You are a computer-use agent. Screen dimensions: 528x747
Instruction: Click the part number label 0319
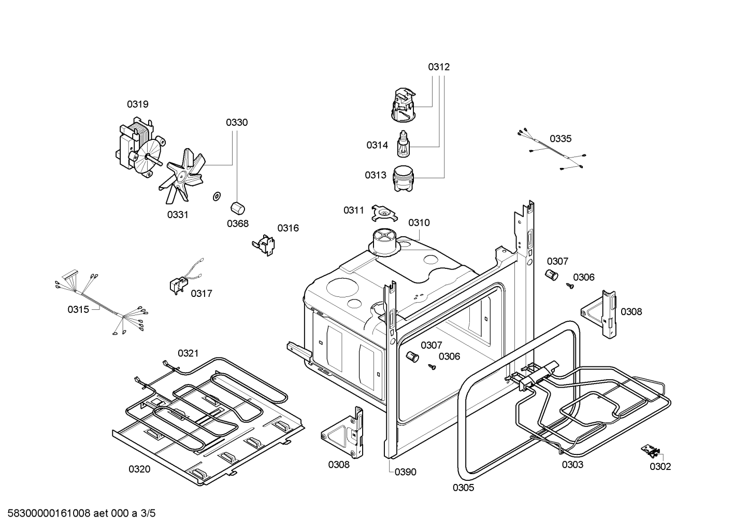pos(138,104)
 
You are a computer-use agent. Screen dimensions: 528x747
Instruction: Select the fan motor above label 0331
pos(136,148)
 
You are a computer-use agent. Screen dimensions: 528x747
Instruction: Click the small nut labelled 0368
pos(237,208)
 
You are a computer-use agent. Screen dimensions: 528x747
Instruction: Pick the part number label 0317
pos(201,294)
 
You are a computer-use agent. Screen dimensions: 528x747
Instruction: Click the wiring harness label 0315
pos(78,309)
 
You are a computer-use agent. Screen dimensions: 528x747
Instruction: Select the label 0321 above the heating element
pos(188,353)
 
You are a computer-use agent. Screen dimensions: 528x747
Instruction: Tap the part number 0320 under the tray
pos(139,469)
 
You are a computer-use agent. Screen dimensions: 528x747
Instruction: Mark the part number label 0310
pos(419,223)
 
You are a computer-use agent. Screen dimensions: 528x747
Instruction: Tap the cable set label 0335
pos(561,139)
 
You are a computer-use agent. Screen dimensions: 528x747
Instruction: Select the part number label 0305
pos(463,488)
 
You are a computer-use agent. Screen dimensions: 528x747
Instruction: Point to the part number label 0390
pos(405,472)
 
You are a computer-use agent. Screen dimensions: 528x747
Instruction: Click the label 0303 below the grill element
pos(572,465)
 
